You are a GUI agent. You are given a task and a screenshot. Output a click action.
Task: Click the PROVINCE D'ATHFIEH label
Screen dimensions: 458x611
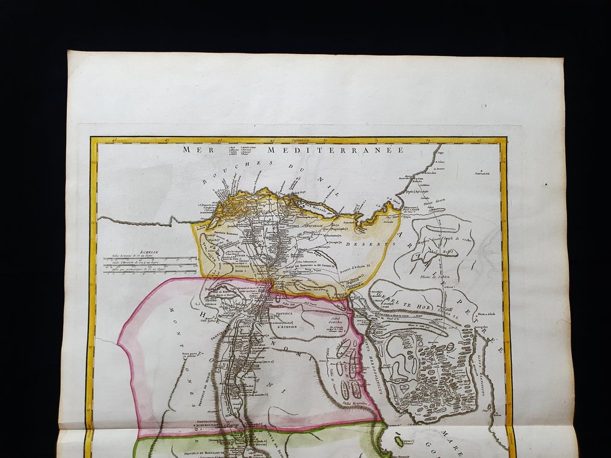coord(288,317)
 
